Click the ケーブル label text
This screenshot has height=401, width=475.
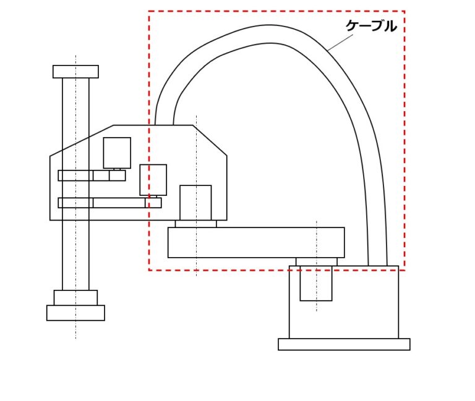tap(371, 26)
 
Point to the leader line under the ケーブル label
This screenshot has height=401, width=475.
tap(340, 43)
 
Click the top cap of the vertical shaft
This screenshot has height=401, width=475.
tap(75, 72)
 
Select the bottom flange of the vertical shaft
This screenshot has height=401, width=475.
tap(75, 313)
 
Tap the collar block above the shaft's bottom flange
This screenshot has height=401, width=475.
tap(75, 298)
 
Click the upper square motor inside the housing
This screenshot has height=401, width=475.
tap(117, 153)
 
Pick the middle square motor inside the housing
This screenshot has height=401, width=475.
tap(153, 180)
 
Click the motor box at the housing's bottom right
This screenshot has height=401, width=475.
tap(195, 203)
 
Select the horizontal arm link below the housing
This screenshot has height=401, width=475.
tap(256, 242)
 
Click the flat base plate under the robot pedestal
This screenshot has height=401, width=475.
tap(344, 344)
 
